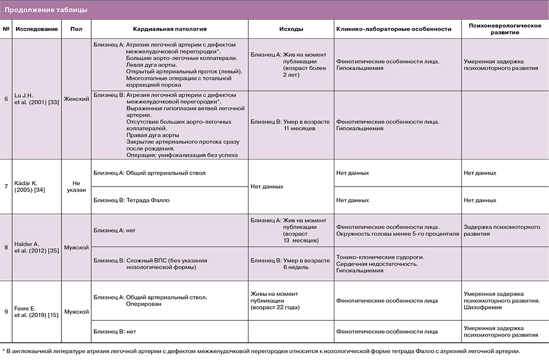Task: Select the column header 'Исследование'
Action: [36, 29]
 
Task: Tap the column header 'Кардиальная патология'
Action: [170, 29]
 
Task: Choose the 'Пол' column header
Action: [76, 29]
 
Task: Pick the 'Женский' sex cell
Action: [77, 99]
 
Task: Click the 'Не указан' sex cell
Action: [76, 187]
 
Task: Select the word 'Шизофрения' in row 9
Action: [481, 307]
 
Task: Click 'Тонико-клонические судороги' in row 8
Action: [379, 257]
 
